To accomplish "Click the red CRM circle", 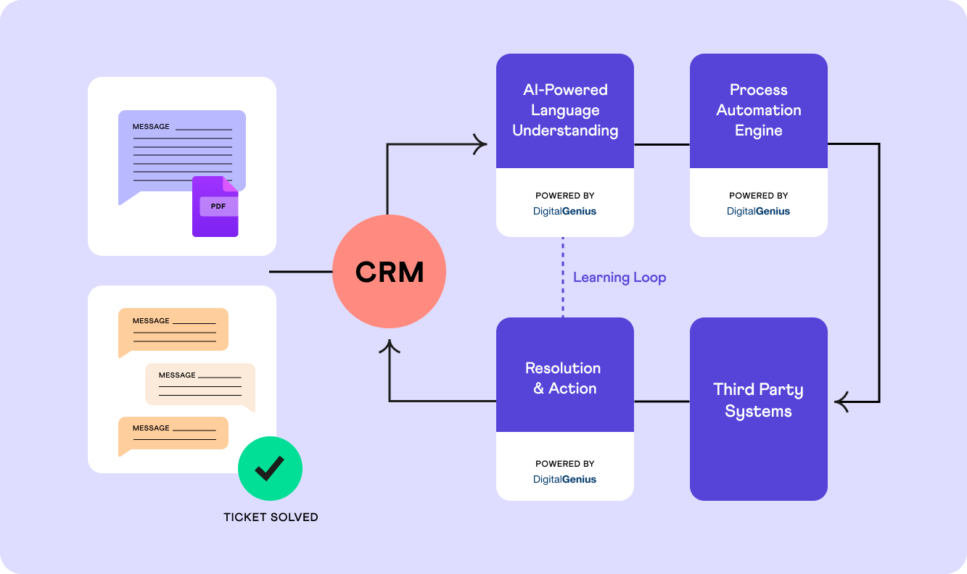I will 389,272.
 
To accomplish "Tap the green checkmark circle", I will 270,469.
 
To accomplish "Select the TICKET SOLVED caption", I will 271,517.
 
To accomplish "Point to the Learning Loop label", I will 619,278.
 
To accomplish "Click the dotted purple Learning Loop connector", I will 563,277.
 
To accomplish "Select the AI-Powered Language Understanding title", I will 565,110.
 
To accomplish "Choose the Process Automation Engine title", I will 758,110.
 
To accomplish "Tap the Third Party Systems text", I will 758,400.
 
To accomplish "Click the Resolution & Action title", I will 564,378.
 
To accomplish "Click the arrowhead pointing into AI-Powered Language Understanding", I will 480,144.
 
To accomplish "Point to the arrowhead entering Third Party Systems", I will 842,401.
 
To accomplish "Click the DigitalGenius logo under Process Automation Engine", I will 758,212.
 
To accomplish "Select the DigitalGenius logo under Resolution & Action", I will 564,479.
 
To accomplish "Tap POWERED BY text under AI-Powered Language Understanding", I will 564,196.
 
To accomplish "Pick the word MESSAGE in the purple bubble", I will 151,127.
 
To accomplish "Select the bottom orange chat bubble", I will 173,433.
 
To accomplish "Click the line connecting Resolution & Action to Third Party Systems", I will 662,401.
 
